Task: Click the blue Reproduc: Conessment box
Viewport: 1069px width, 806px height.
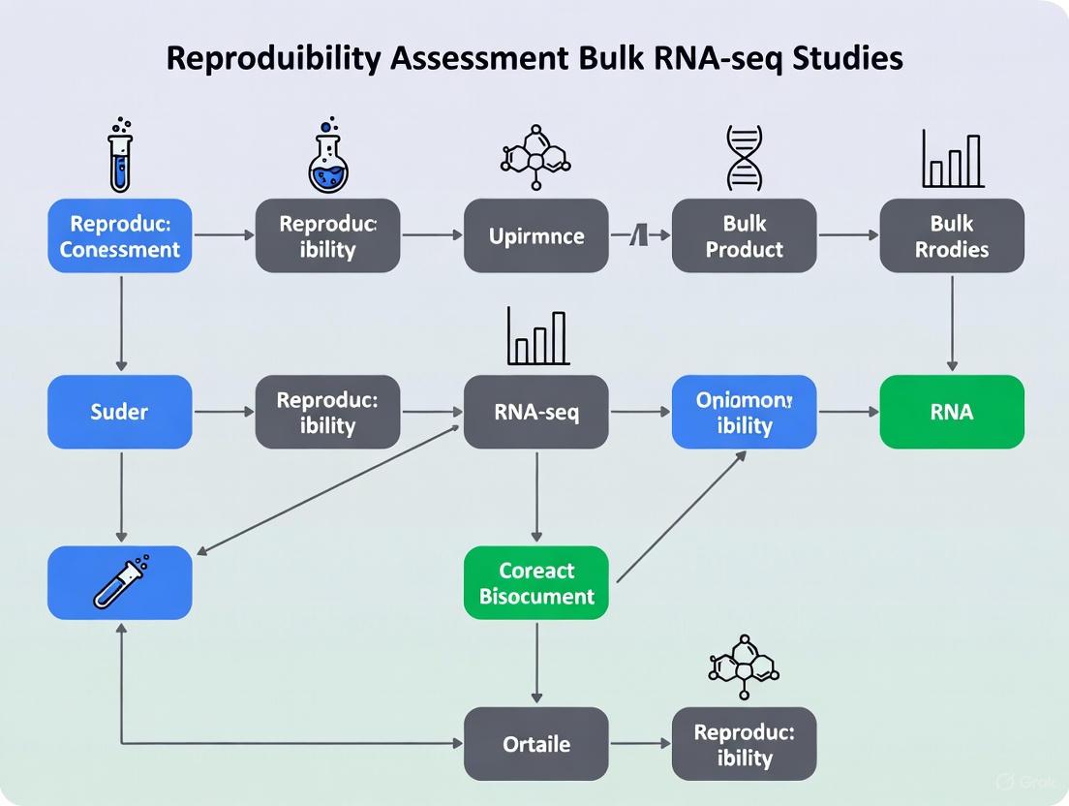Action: [x=119, y=235]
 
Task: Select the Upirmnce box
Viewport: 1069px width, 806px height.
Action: [x=535, y=235]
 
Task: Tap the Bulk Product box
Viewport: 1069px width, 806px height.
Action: [x=744, y=235]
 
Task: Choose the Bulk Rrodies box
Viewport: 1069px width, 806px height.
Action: [x=952, y=235]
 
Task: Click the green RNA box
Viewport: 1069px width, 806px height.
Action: [x=952, y=412]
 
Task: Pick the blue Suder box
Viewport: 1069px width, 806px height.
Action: [x=119, y=412]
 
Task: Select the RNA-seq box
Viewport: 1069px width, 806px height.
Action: [x=535, y=412]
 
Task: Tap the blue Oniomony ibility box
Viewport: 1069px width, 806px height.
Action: [x=744, y=412]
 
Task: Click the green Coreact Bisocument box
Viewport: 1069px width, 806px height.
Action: [x=535, y=583]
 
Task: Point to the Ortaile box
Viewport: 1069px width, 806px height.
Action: [x=535, y=744]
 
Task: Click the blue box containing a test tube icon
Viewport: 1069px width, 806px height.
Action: [x=119, y=583]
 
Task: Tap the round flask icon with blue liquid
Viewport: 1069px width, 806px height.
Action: [x=328, y=160]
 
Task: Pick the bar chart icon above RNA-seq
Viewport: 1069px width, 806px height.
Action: [x=535, y=336]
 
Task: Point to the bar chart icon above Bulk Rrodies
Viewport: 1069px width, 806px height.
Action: [x=952, y=160]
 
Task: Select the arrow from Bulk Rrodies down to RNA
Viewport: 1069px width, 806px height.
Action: [x=952, y=323]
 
